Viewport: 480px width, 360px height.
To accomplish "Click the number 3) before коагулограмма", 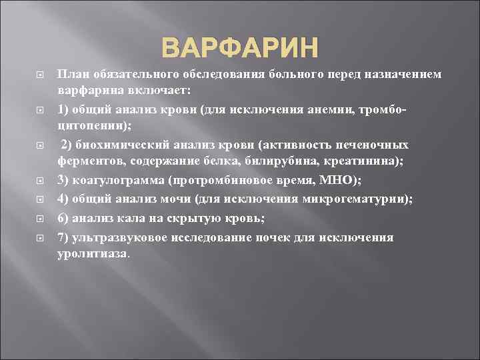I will pos(64,181).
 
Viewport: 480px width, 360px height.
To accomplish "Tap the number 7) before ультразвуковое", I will pos(64,237).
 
